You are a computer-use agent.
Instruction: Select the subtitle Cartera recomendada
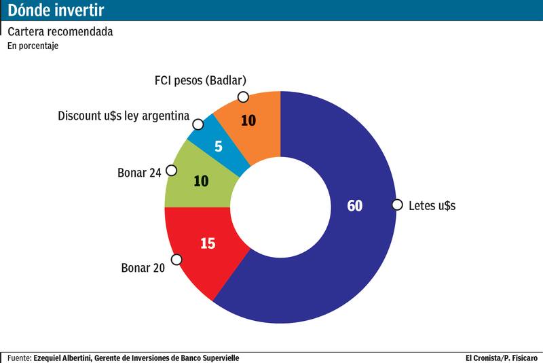60,32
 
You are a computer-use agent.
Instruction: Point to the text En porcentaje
33,46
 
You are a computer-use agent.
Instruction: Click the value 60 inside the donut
354,205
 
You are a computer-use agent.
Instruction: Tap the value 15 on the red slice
208,242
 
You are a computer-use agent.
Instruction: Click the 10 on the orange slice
248,120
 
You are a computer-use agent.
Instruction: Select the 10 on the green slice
201,181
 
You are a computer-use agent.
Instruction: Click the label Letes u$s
432,205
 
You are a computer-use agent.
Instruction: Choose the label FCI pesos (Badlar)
200,81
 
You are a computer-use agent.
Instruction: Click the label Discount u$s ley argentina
124,116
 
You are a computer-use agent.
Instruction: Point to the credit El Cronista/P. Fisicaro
502,358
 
